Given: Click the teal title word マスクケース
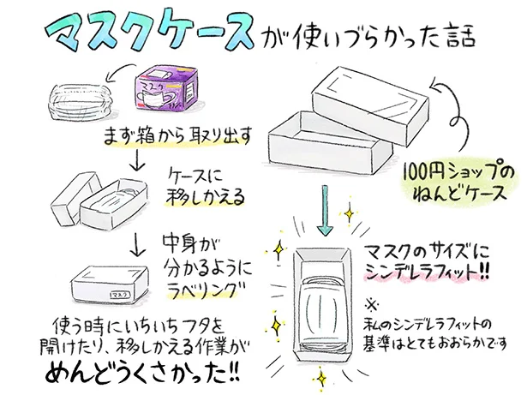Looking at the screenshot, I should (x=151, y=33).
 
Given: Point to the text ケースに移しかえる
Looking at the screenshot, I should (x=202, y=185).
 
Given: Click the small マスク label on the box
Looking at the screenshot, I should (x=119, y=295).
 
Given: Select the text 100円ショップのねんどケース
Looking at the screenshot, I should (x=459, y=183).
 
